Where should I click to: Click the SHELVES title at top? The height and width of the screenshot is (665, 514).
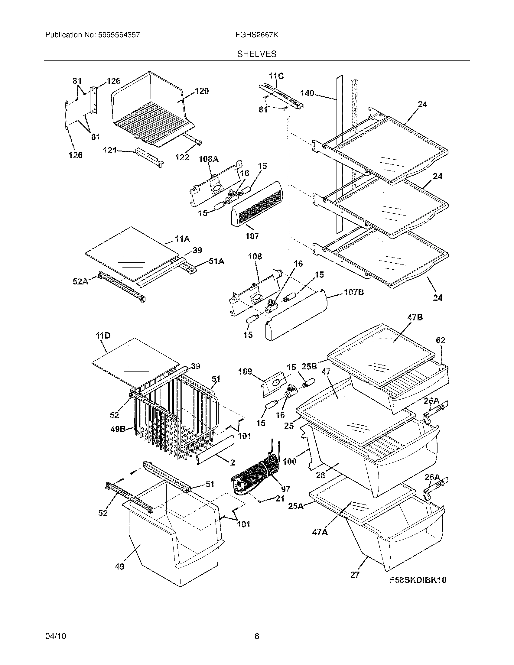(257, 54)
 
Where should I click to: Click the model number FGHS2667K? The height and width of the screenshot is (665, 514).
(256, 35)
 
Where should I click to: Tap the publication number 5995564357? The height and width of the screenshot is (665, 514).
(119, 35)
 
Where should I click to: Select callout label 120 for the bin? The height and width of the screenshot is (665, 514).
(201, 91)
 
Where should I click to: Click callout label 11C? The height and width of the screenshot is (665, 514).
(276, 76)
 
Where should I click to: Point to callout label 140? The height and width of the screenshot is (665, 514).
(307, 93)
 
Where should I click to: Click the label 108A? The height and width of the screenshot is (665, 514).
(209, 159)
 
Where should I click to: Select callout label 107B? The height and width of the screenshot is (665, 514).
(354, 292)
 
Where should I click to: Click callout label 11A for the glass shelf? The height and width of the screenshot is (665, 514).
(182, 239)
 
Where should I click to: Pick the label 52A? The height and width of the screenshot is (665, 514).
(80, 282)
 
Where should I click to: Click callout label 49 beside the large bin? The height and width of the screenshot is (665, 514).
(119, 567)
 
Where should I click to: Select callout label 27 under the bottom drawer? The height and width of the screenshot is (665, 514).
(355, 575)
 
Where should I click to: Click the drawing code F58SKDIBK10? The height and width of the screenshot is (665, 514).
(418, 580)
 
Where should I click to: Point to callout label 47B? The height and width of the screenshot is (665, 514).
(415, 318)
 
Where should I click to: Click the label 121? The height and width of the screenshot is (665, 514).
(110, 151)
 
